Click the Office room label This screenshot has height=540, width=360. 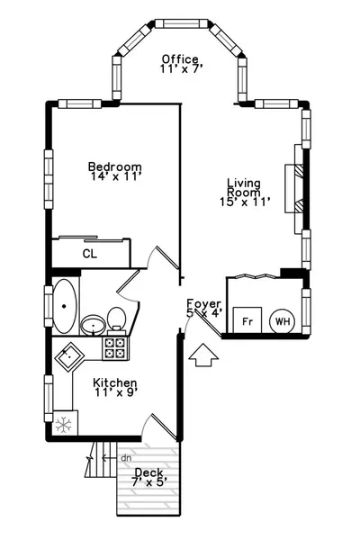(x=180, y=58)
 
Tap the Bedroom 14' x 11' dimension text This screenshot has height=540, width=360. (x=117, y=176)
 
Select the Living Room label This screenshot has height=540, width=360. (x=244, y=187)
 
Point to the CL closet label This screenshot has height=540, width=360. (x=90, y=254)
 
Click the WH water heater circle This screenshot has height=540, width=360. (x=282, y=321)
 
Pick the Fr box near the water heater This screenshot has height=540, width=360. (x=247, y=320)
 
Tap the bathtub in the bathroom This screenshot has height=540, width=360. (x=65, y=306)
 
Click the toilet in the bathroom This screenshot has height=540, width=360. (x=116, y=319)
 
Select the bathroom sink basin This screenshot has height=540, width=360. (x=93, y=325)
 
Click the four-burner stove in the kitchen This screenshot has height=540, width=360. (x=115, y=347)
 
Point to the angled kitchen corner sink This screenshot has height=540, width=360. (x=69, y=356)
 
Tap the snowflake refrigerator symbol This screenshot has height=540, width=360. (x=64, y=424)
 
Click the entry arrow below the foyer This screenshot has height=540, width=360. (x=203, y=355)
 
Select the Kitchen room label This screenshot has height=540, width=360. (x=115, y=382)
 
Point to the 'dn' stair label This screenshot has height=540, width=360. (x=126, y=458)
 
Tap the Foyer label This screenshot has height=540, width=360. (x=203, y=304)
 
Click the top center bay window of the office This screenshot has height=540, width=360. (x=182, y=23)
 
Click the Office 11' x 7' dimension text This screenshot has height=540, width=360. (x=180, y=68)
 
